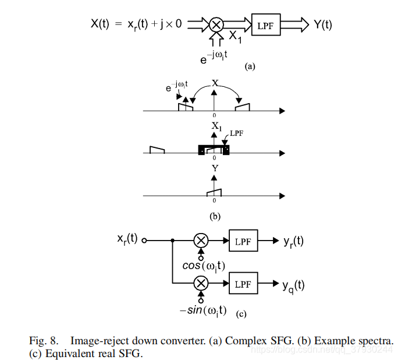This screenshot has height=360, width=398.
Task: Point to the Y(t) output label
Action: (322, 25)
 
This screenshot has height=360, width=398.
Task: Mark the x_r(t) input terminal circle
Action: (144, 241)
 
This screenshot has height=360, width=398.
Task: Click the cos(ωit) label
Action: (204, 266)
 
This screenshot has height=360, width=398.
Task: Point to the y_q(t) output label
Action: (293, 286)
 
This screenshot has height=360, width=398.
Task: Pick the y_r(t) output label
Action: (293, 241)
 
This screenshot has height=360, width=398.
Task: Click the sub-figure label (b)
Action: (215, 217)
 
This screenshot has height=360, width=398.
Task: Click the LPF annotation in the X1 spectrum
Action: (237, 133)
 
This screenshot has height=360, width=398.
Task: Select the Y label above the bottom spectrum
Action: (215, 168)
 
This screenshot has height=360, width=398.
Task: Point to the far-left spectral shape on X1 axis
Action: (157, 150)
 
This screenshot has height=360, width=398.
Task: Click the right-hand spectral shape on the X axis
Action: (243, 107)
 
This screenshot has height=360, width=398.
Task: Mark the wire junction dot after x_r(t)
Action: (173, 241)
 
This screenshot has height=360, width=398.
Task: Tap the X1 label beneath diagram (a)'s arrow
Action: (235, 37)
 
